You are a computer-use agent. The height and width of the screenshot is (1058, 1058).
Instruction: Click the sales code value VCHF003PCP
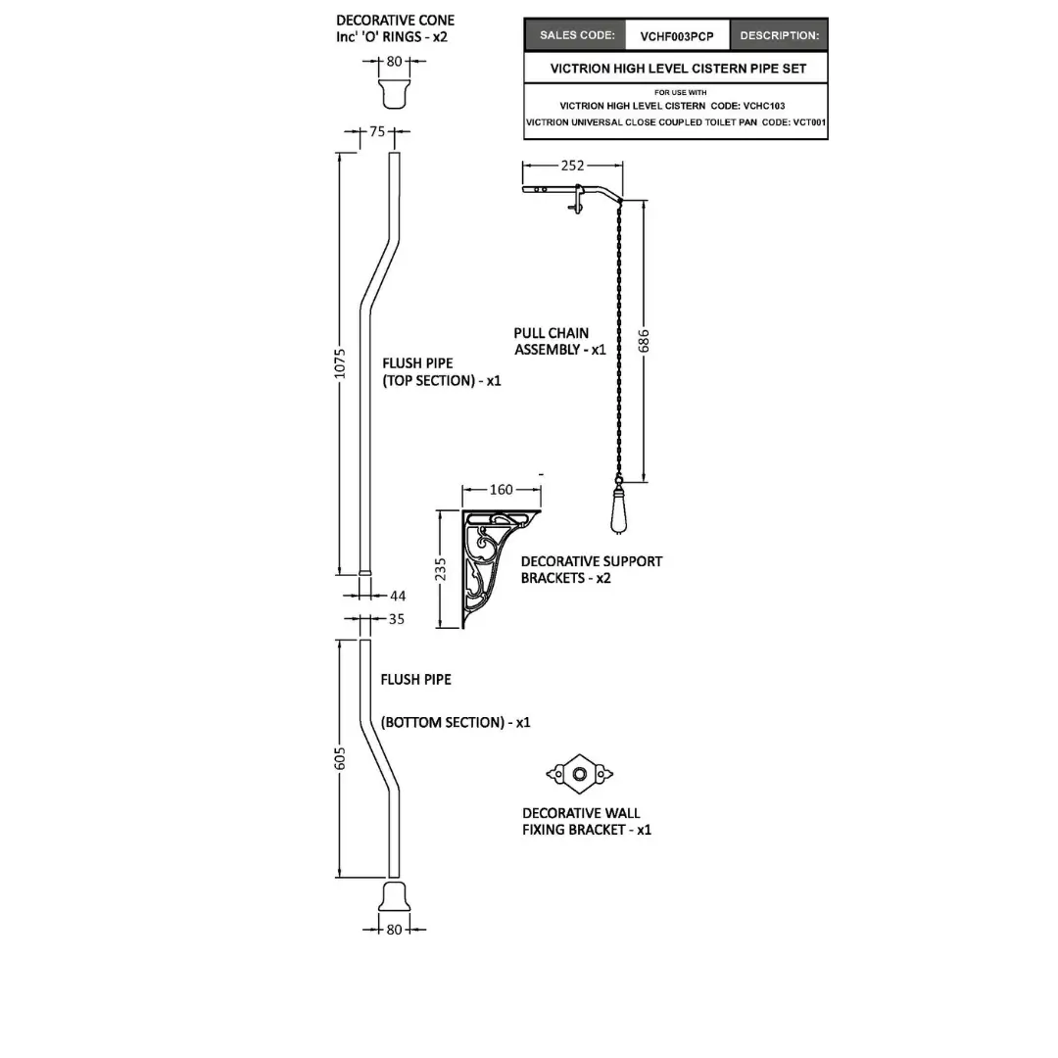[677, 36]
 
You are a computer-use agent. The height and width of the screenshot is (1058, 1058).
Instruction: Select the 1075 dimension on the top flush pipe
[341, 365]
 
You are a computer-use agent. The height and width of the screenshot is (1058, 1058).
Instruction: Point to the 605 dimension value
[341, 757]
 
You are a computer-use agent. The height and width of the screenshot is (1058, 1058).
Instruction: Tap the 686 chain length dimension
[644, 340]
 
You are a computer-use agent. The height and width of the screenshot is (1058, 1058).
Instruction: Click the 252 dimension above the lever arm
[572, 166]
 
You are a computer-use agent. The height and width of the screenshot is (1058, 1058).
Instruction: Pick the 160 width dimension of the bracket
[501, 489]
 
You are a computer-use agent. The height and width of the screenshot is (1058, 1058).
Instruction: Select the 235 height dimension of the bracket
[441, 569]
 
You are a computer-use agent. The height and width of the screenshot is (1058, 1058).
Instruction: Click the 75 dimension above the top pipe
[378, 132]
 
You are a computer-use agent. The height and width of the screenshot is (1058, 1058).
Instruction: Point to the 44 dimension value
[398, 596]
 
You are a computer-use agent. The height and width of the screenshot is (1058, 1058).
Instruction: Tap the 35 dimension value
[396, 619]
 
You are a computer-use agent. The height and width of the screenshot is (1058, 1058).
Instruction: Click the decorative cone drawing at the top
[394, 94]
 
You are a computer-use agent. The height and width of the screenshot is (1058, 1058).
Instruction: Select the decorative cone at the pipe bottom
[394, 895]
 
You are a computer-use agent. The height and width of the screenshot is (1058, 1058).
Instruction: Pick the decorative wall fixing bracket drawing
[579, 775]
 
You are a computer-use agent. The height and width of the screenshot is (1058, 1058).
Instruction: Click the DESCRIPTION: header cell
[779, 36]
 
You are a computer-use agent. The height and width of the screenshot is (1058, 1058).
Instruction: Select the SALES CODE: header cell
[577, 35]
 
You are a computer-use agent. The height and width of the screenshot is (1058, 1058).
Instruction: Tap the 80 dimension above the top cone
[394, 62]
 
